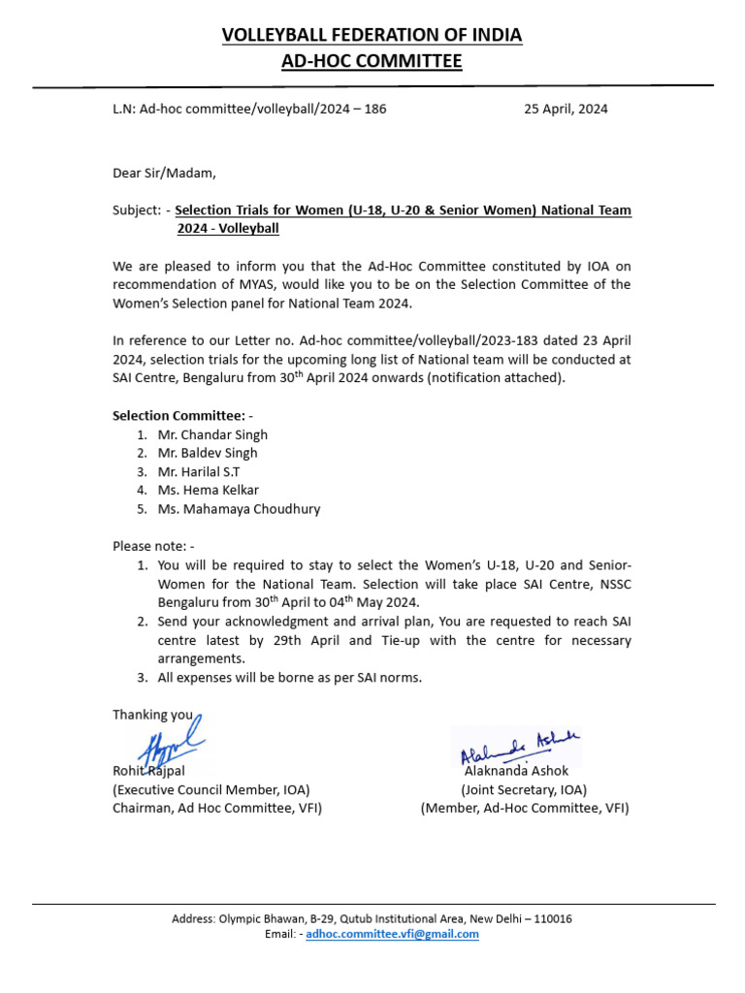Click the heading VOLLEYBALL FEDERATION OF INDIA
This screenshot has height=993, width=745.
372,35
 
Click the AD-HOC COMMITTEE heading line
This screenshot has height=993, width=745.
372,62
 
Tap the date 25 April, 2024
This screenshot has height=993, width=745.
566,109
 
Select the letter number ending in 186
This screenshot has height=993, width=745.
249,109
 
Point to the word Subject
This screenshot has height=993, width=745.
136,210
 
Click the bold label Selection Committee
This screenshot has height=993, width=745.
179,416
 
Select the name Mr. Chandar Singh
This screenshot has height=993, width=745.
211,434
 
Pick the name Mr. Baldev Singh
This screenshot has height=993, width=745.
208,453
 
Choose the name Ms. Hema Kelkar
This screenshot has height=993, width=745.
208,490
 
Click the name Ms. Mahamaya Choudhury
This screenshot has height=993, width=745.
238,508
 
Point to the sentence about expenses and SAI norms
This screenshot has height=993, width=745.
289,677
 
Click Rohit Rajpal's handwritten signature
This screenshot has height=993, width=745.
170,742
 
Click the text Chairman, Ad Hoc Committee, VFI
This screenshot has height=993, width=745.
217,808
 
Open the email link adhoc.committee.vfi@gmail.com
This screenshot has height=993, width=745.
392,934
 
